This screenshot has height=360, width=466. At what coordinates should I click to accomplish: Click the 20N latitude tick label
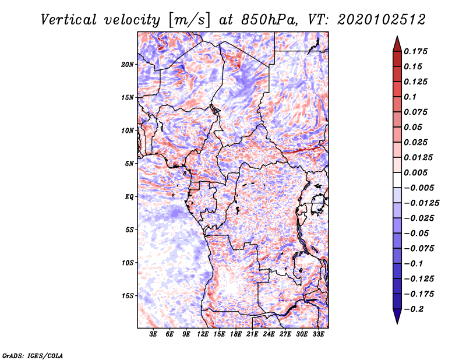pos(128,65)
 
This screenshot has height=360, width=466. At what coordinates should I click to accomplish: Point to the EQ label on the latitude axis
pos(129,197)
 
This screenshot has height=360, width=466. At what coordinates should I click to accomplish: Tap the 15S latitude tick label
pos(128,296)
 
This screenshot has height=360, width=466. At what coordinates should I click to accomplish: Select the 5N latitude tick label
pos(129,164)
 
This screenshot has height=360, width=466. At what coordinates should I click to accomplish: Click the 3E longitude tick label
pos(153,334)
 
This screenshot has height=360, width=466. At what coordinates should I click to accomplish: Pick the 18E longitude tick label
pos(236,334)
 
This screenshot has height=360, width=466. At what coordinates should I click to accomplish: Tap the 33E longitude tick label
pos(318,334)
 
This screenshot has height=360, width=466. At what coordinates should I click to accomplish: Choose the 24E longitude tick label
pos(269,334)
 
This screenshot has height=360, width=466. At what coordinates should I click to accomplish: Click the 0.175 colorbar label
pos(416,51)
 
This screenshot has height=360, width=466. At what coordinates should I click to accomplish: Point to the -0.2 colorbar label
pos(414,309)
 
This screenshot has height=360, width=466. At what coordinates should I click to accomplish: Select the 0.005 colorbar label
pos(416,172)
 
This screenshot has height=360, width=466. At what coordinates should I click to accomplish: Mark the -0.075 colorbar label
pos(419,249)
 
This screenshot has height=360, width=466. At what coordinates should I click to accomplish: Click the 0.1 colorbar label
pos(410,97)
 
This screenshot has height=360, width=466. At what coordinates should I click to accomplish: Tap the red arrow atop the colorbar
pos(397,44)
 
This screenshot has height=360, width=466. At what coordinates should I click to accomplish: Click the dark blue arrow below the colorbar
pos(397,316)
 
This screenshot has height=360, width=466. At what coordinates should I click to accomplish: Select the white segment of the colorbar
pos(397,180)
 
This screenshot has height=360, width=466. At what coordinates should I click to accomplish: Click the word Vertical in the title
pos(69,20)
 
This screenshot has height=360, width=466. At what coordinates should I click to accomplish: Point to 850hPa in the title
pos(269,20)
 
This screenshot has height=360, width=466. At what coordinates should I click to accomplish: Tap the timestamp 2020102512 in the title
pos(382,20)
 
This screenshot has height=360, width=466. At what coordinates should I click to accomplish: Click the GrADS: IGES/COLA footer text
pos(33,355)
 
